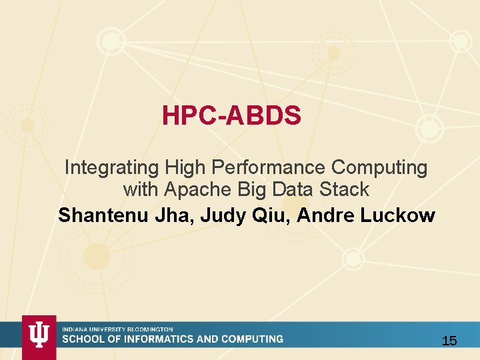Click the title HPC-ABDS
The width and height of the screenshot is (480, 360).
[231, 117]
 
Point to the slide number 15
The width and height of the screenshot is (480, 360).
[449, 341]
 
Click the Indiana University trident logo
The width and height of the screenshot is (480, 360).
[39, 336]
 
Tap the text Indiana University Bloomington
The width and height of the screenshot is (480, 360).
[118, 329]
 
